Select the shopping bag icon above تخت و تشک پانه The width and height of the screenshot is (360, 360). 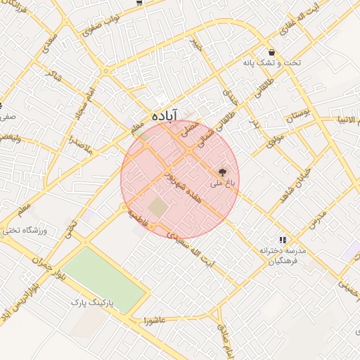[271, 52]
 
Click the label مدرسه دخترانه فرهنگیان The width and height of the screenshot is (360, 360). [278, 255]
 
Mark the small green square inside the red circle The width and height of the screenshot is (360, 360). [159, 207]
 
